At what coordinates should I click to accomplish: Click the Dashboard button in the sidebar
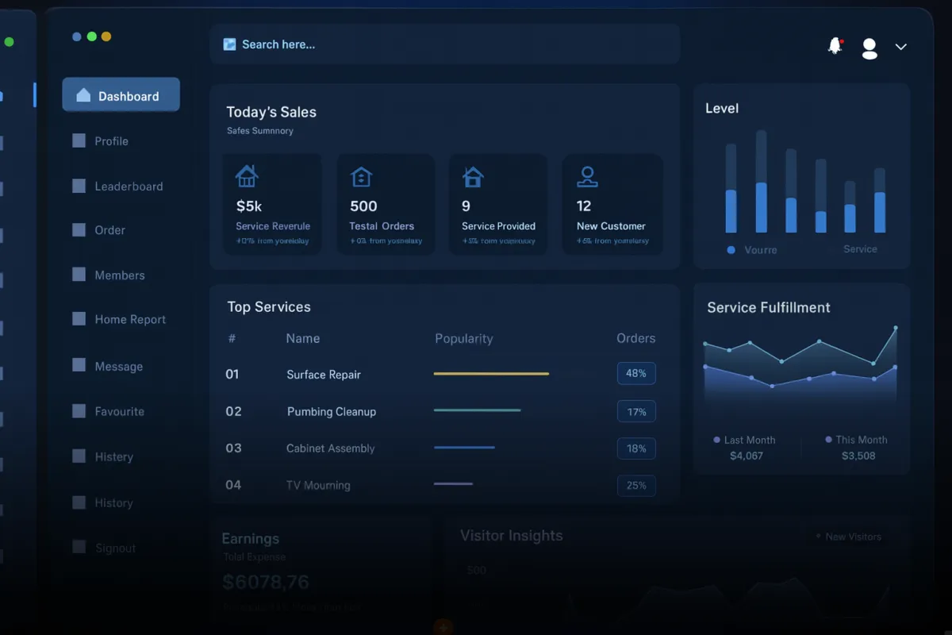[x=121, y=95]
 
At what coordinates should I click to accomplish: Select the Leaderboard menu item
[x=129, y=187]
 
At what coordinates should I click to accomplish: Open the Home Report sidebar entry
[x=130, y=320]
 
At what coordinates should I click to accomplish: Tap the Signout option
[x=115, y=548]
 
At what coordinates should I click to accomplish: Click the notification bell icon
[x=835, y=46]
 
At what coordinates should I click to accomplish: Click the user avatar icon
[x=869, y=48]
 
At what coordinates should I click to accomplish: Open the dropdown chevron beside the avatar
[x=900, y=47]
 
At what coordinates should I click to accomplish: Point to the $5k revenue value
[x=249, y=206]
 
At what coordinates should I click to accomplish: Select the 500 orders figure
[x=363, y=206]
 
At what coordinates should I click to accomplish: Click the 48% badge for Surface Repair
[x=636, y=373]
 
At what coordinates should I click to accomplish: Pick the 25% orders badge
[x=636, y=485]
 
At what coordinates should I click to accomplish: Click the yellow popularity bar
[x=491, y=373]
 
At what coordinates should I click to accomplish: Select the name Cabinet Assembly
[x=330, y=448]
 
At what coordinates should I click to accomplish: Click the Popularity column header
[x=464, y=339]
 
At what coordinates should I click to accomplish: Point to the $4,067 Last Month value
[x=747, y=456]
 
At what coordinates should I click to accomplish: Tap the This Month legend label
[x=862, y=440]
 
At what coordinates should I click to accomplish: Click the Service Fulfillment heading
[x=769, y=307]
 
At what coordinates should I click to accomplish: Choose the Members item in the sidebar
[x=120, y=275]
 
